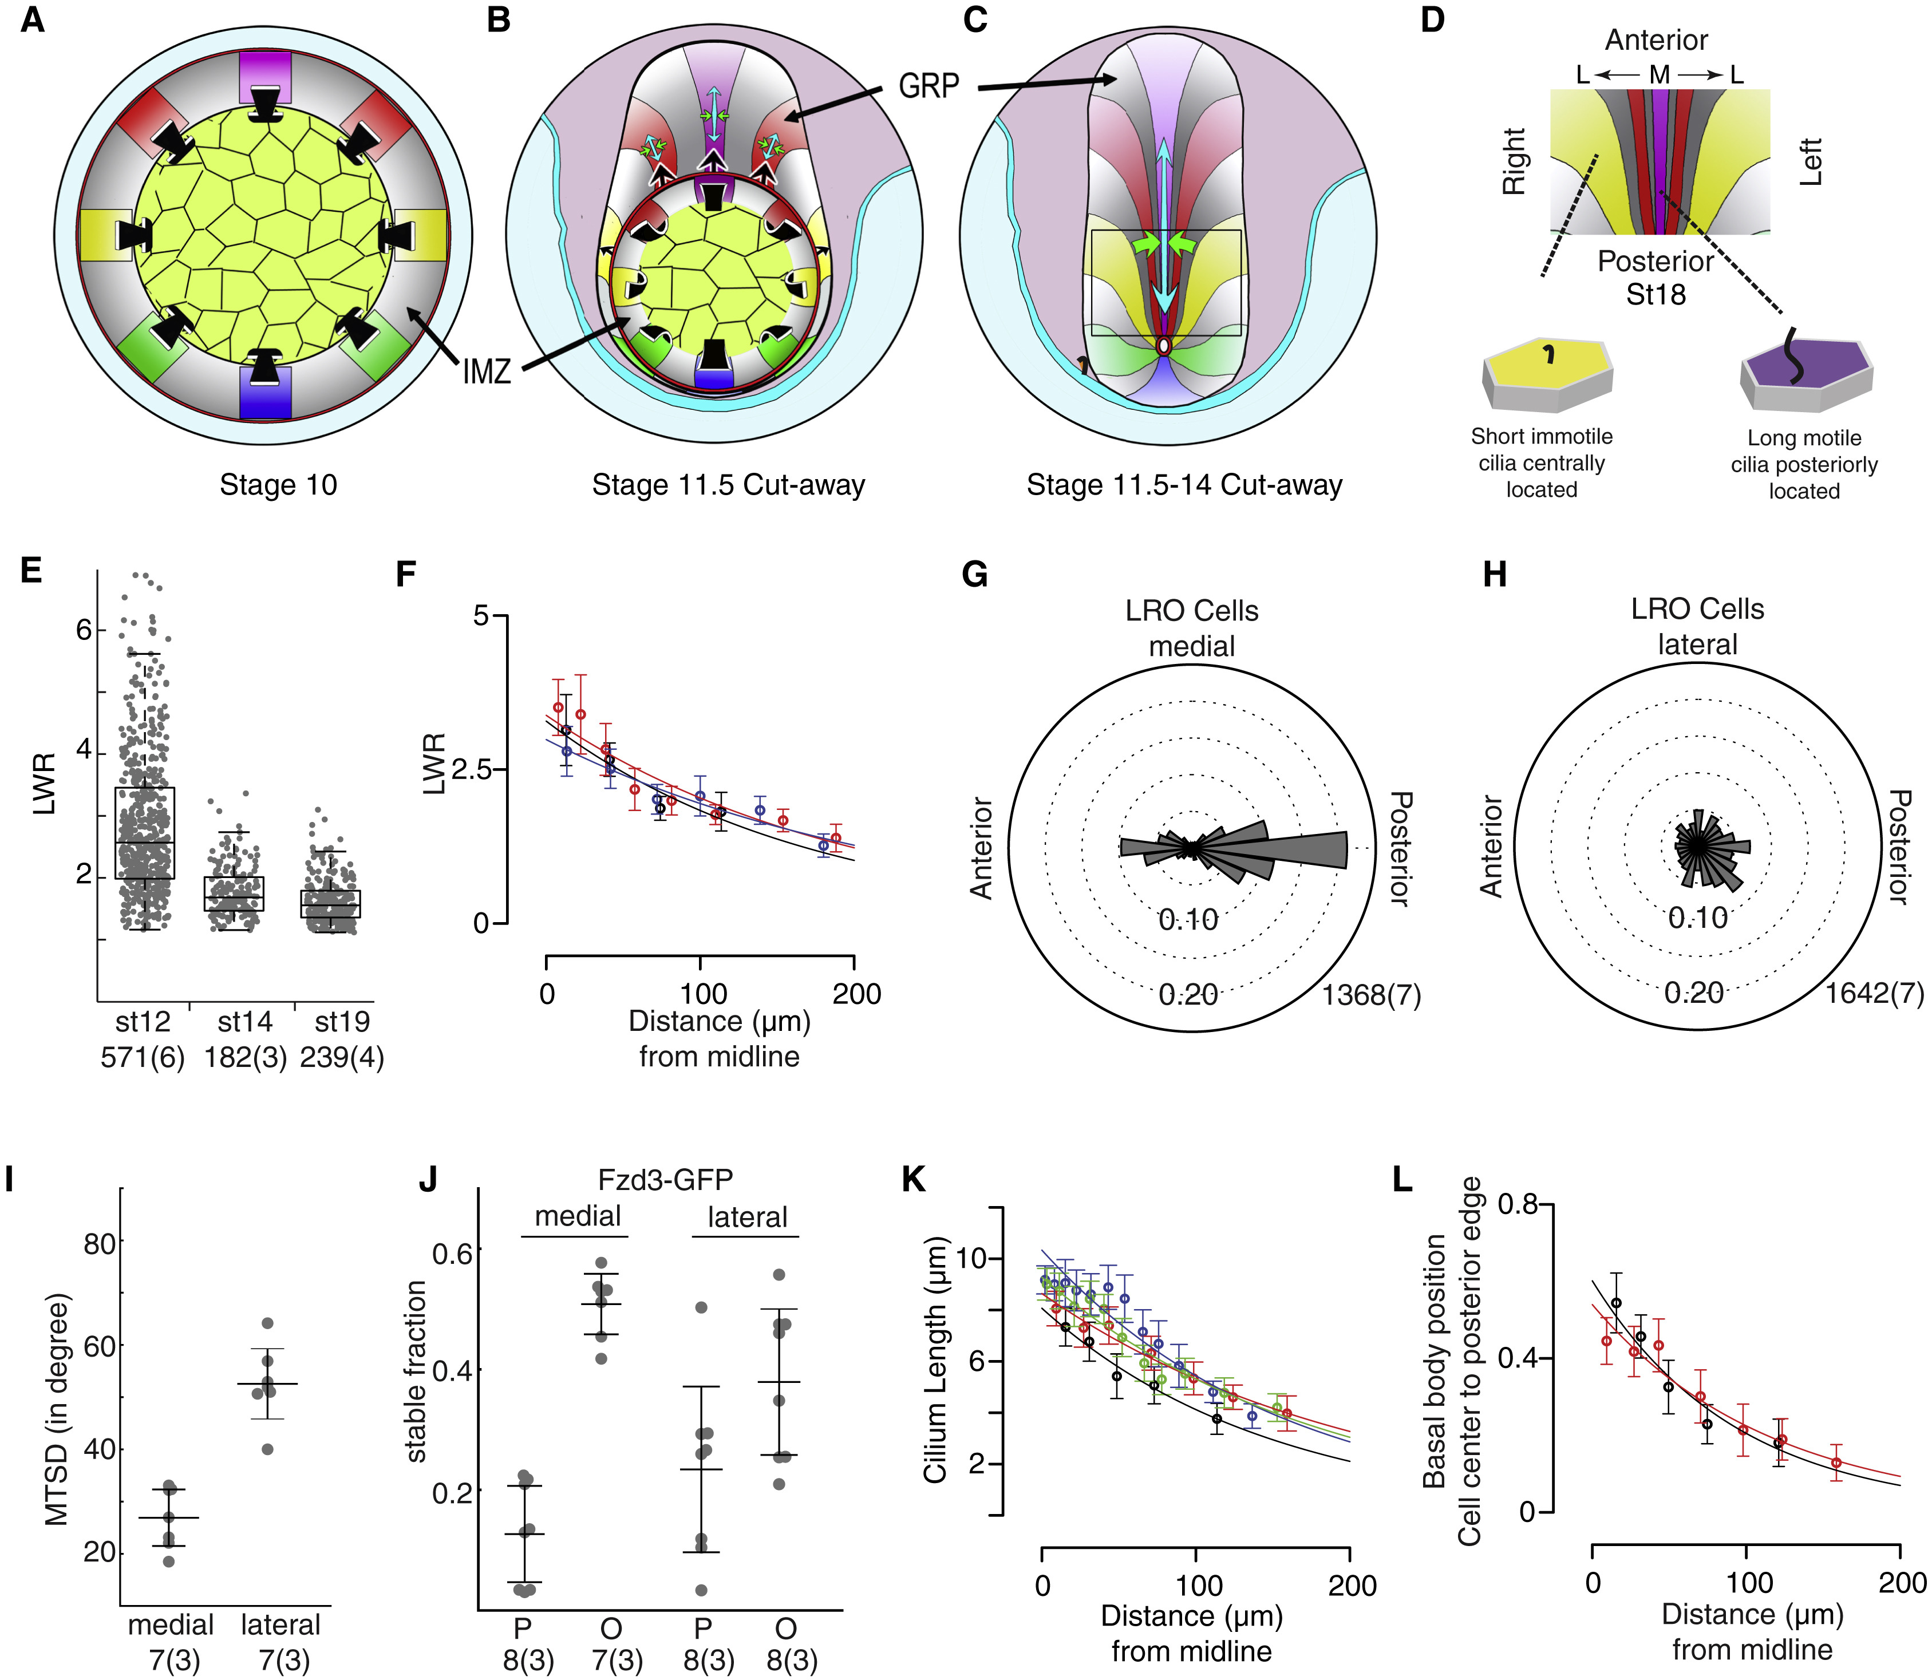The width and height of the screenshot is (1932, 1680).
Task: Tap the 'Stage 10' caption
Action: tap(278, 485)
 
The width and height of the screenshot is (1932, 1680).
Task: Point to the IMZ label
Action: tap(487, 372)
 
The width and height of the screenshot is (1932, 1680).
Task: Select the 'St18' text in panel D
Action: tap(1656, 294)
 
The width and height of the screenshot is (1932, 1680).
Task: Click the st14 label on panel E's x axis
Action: tap(244, 1021)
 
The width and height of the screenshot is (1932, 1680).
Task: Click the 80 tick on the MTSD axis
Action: tap(100, 1244)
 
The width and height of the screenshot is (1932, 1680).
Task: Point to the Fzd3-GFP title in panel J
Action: tap(665, 1179)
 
